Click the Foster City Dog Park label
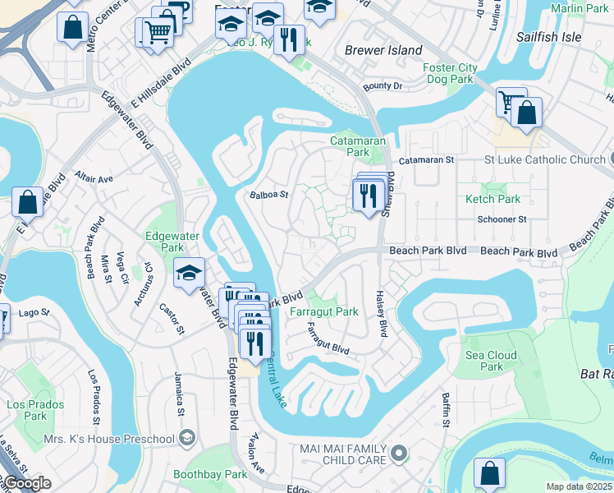tap(448, 73)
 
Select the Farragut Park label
tap(323, 311)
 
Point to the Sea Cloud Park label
tap(491, 361)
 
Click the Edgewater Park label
tap(172, 242)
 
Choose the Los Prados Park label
tap(35, 410)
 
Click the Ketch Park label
tap(493, 199)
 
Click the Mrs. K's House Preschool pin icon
tap(188, 437)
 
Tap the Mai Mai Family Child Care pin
tap(399, 453)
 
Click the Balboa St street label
tap(269, 195)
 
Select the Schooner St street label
tap(502, 219)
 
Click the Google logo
tap(26, 483)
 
